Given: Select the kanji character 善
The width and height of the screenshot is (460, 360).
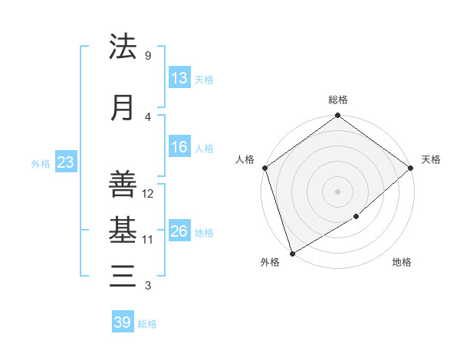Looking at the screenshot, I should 123,185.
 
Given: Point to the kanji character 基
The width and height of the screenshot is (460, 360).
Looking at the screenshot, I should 123,229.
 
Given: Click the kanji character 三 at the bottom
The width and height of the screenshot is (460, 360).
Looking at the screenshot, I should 123,275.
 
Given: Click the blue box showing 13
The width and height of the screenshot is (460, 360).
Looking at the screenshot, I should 179,78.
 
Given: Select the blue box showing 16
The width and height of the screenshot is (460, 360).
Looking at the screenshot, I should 179,147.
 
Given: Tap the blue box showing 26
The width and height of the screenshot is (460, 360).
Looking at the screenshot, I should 179,231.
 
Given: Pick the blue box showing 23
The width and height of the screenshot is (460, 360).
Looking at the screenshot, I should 65,162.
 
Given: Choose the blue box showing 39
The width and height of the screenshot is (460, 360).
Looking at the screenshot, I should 123,322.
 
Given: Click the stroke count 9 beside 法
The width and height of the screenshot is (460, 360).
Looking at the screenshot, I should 148,55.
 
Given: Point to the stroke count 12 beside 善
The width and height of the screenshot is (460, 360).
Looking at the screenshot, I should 149,194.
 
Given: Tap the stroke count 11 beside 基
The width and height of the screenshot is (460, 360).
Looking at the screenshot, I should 149,239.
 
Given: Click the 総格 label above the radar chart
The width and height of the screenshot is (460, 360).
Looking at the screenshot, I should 337,100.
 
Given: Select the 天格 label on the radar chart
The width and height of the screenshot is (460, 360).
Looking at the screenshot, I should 431,159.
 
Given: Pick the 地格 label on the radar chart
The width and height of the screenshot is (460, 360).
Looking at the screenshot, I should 402,263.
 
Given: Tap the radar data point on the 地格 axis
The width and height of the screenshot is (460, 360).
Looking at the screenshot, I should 357,218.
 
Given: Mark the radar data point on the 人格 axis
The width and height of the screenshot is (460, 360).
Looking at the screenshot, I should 264,168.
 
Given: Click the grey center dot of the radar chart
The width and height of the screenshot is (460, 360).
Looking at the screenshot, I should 337,191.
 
